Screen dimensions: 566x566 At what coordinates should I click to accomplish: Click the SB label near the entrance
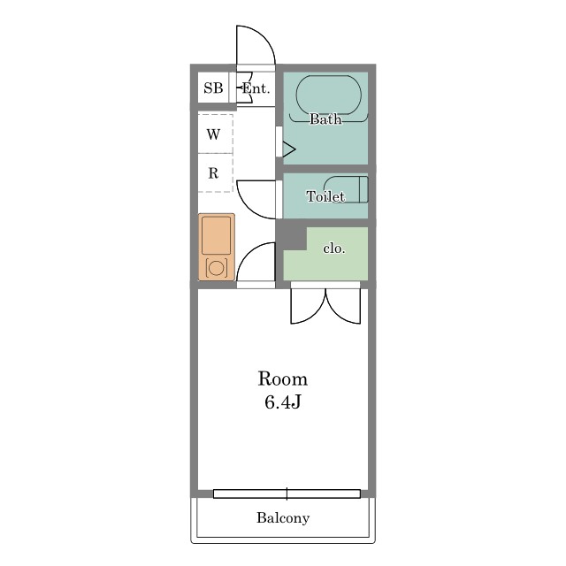[213, 88]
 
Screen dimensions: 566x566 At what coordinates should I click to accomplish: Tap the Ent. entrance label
[256, 88]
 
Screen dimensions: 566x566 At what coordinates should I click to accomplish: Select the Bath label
[325, 119]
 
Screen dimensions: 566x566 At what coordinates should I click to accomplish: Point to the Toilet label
[325, 196]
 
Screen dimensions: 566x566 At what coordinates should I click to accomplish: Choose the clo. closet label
[334, 249]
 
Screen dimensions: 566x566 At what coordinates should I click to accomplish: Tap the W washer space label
[213, 134]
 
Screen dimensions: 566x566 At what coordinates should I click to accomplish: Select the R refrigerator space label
[213, 173]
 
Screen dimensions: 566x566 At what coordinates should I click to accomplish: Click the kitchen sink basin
[216, 235]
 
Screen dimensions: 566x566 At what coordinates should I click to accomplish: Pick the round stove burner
[216, 268]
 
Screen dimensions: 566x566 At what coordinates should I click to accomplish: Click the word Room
[283, 379]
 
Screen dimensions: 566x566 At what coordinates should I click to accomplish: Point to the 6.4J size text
[283, 402]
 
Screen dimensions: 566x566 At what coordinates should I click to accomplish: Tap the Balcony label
[283, 518]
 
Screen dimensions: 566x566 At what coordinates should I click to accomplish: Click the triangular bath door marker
[289, 149]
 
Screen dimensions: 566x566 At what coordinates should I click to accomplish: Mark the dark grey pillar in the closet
[292, 237]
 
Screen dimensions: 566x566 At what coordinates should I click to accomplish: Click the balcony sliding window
[287, 493]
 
